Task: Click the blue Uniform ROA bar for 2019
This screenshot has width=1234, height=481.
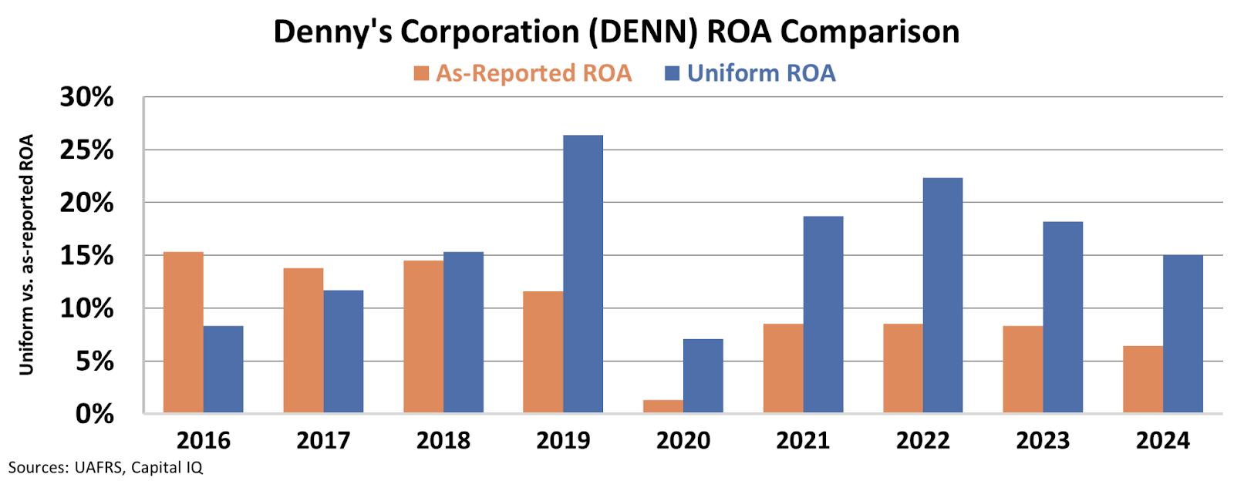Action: pos(583,274)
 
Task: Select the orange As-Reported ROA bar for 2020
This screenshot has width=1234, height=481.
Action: pos(663,406)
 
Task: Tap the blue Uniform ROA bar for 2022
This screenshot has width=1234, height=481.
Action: pos(942,295)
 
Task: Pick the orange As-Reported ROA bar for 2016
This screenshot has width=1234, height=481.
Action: pos(184,332)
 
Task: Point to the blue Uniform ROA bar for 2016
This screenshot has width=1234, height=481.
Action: pos(224,369)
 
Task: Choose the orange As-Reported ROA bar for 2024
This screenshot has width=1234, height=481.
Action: pos(1143,379)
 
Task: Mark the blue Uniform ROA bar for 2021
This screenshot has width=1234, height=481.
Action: pos(823,314)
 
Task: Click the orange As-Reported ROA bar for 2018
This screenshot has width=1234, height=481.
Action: pos(423,336)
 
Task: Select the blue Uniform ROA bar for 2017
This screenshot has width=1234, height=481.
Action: pos(343,351)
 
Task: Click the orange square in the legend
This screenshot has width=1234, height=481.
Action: pos(421,73)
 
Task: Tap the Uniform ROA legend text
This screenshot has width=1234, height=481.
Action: pos(761,73)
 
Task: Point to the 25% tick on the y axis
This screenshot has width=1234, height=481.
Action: pos(86,150)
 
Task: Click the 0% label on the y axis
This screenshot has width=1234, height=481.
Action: pos(94,414)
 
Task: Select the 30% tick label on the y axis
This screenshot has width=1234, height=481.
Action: pos(86,97)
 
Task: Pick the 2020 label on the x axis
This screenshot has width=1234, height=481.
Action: pos(683,440)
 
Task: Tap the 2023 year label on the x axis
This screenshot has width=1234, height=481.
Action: pos(1043,440)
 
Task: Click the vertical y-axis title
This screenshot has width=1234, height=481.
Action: pos(27,254)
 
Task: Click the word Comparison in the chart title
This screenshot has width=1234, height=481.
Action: pos(870,32)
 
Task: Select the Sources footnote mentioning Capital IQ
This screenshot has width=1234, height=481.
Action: pos(106,467)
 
